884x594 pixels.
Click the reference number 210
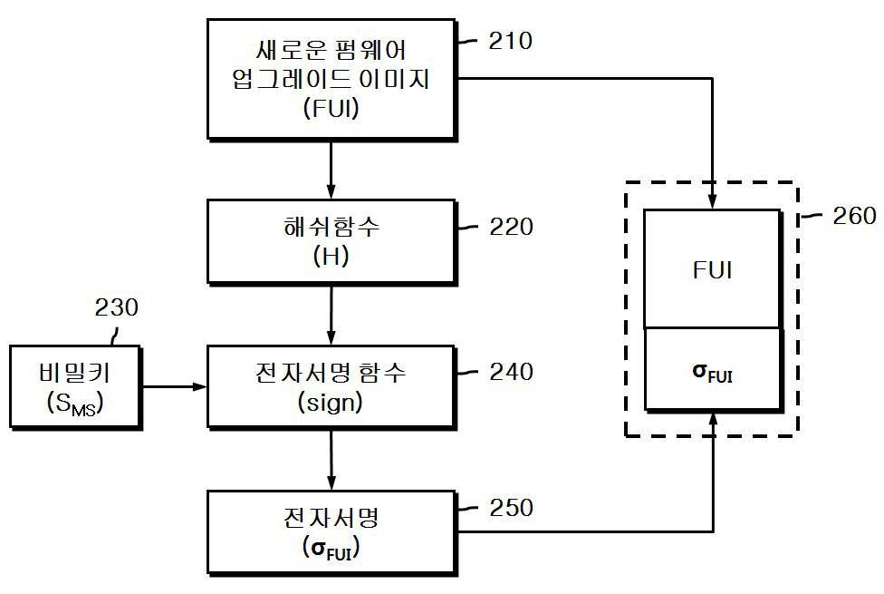(x=510, y=41)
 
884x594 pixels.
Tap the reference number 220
(x=512, y=227)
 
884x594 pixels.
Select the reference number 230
(x=116, y=307)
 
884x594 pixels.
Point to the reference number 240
(x=512, y=372)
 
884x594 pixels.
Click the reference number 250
(x=512, y=508)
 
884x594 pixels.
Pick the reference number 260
(x=855, y=216)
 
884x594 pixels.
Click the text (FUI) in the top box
(x=331, y=108)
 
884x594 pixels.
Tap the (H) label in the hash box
(x=331, y=257)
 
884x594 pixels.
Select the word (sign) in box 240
(x=331, y=402)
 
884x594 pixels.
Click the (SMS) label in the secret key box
(x=75, y=404)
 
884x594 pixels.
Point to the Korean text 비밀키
(x=75, y=373)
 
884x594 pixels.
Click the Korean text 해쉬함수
(x=331, y=227)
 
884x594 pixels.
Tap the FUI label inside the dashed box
(x=713, y=270)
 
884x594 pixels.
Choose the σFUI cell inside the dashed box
(x=713, y=369)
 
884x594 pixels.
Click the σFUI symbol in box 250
(x=331, y=549)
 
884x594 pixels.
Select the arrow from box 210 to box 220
(x=331, y=170)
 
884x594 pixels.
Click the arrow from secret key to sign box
(x=174, y=386)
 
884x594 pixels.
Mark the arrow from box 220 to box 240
(x=331, y=315)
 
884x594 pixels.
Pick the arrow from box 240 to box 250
(x=331, y=459)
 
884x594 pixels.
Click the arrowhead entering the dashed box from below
(x=713, y=418)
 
